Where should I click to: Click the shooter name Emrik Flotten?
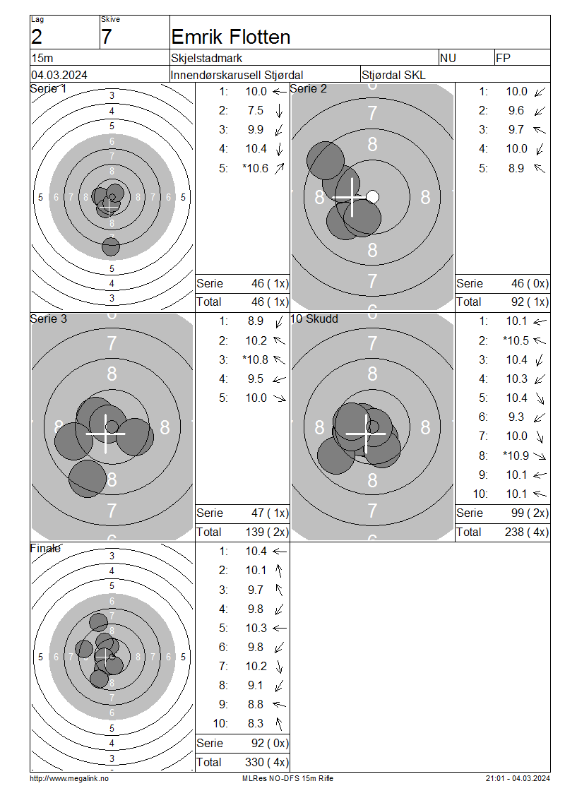[230, 37]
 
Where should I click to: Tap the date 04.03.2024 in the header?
[59, 76]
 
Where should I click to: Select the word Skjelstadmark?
[207, 58]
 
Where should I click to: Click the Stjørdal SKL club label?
[393, 76]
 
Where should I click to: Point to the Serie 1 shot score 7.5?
[256, 110]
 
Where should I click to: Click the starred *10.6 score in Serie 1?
[256, 169]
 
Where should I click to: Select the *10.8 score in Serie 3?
[256, 360]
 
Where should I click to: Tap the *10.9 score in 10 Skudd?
[516, 455]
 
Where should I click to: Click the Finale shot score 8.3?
[256, 724]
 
